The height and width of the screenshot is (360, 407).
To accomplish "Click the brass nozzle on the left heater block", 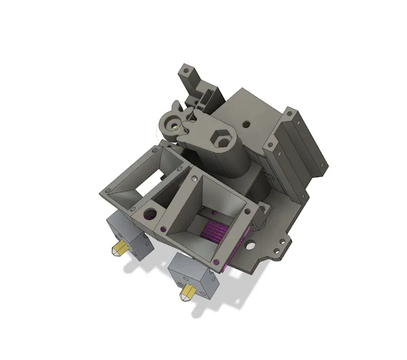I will pos(119,250).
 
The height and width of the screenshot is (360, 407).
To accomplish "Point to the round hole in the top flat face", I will pos(246,122).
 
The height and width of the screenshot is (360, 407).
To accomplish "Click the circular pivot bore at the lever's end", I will pos(172,121).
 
